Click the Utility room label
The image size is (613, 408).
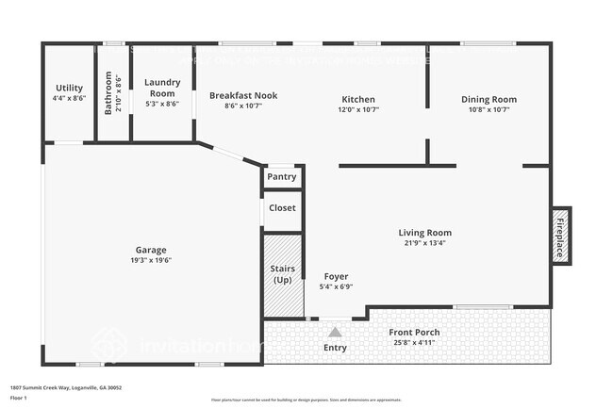tap(70, 88)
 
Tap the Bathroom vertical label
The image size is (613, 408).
tap(108, 93)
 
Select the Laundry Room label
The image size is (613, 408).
tap(161, 88)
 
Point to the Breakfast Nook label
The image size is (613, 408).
tap(242, 96)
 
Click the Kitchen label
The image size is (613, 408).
tap(358, 99)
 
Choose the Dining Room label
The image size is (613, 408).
tap(489, 99)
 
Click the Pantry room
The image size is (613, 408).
tap(282, 176)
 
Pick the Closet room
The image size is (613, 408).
tap(282, 207)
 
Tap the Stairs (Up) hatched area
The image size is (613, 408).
tap(283, 274)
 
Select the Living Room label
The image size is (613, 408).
tap(424, 233)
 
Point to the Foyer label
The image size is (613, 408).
tap(336, 277)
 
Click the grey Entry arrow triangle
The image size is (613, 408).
tap(335, 332)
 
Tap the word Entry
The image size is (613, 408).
tap(335, 348)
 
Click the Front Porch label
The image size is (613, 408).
tap(414, 333)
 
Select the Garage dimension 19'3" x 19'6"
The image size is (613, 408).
tap(151, 260)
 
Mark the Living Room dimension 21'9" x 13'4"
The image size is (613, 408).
tap(424, 243)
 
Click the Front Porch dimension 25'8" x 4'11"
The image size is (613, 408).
tap(414, 343)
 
